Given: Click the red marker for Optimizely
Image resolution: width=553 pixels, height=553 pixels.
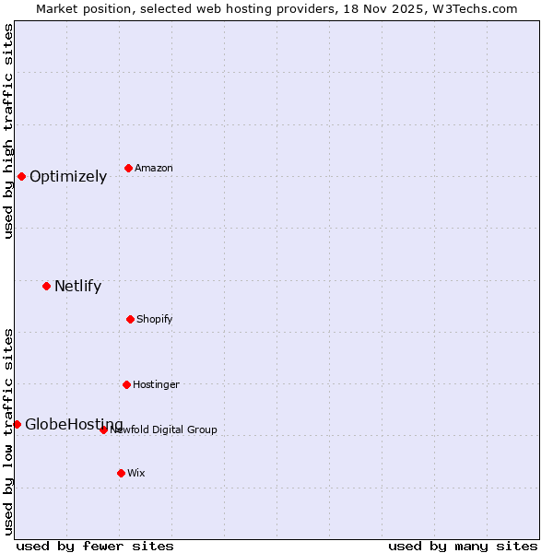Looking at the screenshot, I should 21,176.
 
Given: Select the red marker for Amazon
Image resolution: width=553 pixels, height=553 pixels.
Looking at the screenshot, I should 128,168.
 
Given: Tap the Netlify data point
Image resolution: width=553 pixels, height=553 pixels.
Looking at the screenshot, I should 46,286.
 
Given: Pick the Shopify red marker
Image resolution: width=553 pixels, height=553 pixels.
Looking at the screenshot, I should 130,319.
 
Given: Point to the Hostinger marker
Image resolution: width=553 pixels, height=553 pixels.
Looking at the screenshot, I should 126,384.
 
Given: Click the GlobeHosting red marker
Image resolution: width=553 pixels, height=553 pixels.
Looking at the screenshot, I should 17,424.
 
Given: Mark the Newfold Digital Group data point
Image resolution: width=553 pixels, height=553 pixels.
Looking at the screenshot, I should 103,429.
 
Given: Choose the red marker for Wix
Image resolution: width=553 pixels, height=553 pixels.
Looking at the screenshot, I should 121,473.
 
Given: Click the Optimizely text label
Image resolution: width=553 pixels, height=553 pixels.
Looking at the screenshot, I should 68,177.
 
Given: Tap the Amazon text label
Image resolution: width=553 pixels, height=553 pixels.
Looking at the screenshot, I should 154,169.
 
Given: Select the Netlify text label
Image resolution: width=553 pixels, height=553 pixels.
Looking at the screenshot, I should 77,287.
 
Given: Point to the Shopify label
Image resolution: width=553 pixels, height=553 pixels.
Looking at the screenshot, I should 155,320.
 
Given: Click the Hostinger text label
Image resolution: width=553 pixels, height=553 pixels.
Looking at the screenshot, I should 156,385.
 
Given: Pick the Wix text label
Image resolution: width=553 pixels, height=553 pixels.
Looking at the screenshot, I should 136,474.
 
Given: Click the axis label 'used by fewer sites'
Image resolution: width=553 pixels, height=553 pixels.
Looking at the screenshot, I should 95,546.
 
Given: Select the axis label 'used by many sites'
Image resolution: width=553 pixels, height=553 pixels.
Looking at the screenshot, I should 463,546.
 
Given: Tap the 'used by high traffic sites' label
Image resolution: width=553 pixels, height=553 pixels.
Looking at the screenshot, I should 8,131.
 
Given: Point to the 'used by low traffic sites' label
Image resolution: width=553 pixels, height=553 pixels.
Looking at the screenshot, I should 8,431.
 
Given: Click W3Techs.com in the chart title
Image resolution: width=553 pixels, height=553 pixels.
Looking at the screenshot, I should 474,8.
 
